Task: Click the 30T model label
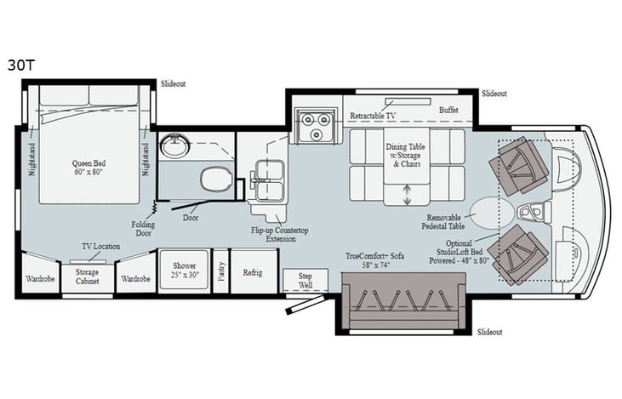click(x=19, y=64)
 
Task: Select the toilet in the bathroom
click(x=213, y=180)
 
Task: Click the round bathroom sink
click(x=176, y=145)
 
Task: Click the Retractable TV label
click(x=372, y=115)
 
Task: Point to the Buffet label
click(x=448, y=111)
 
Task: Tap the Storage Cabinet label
click(x=87, y=276)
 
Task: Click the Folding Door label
click(x=144, y=229)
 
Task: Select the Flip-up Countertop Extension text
click(x=277, y=233)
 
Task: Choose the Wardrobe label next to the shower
click(x=135, y=278)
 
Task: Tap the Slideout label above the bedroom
click(x=173, y=83)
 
